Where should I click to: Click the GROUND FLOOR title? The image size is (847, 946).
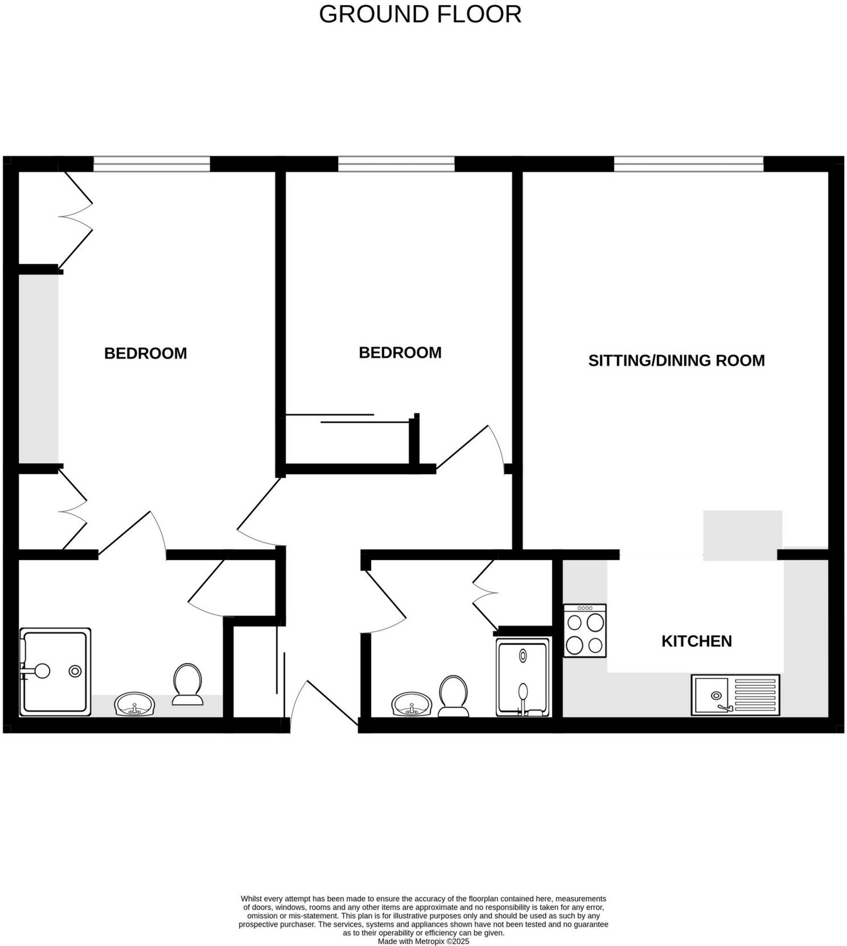point(420,14)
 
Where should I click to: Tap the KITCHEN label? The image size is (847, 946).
point(696,641)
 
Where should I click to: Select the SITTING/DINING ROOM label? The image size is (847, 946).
point(676,360)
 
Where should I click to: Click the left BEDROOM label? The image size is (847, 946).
point(145,353)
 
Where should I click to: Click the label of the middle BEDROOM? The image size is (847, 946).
point(400,353)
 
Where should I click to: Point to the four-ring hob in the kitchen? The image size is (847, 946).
point(585,631)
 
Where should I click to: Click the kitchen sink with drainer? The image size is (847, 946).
point(735,694)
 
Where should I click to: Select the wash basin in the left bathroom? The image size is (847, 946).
point(134,704)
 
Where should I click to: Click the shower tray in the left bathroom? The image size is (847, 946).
point(55,671)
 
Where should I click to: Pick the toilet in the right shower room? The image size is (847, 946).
point(453,696)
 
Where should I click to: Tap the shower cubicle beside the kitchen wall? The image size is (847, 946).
point(523,677)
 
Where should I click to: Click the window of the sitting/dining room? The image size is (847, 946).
point(688,164)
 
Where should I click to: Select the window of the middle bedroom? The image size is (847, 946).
point(396,164)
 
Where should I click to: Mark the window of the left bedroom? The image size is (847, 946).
point(151,164)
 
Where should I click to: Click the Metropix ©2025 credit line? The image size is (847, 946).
point(423,941)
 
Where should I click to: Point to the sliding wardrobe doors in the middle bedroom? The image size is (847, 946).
point(347,418)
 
